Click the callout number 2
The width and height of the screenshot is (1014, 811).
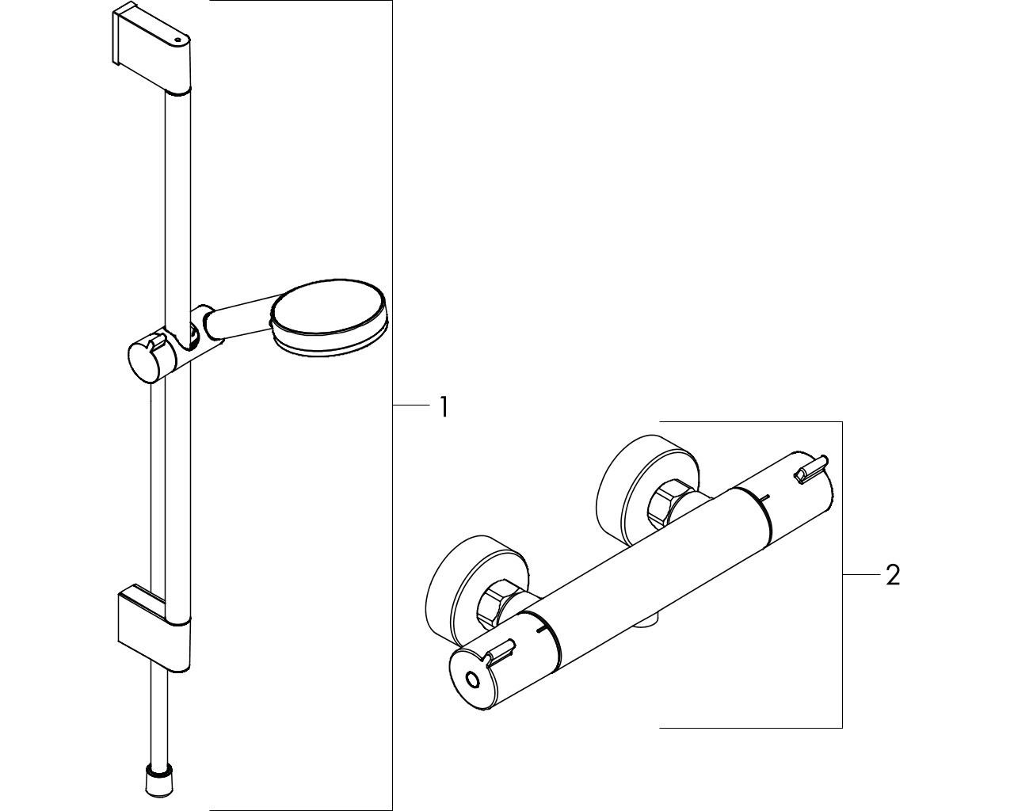pyautogui.click(x=893, y=575)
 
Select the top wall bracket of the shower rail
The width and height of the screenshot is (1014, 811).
pyautogui.click(x=152, y=48)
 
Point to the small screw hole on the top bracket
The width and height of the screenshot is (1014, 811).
pyautogui.click(x=178, y=40)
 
